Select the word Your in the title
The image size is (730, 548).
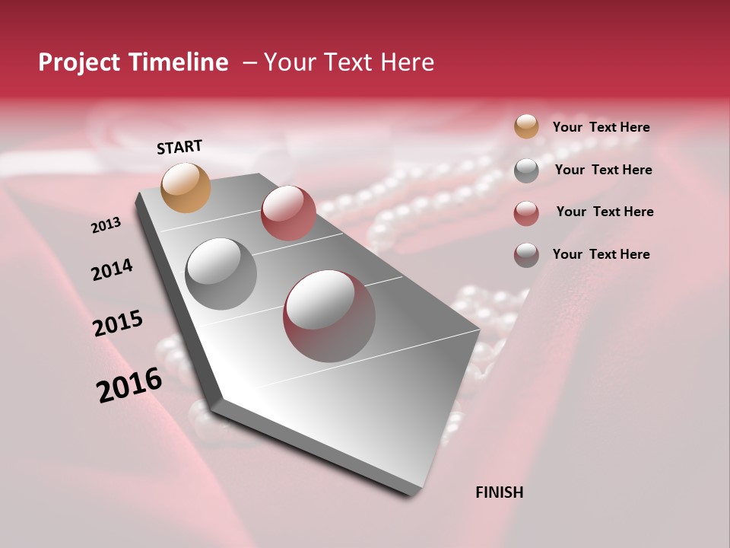tap(290, 62)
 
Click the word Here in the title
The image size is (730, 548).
tap(407, 62)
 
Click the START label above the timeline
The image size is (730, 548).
tap(179, 147)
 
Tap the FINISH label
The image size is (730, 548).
tap(499, 492)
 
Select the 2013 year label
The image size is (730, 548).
tap(106, 225)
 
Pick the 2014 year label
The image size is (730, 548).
tap(112, 270)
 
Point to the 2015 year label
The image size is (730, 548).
tap(118, 323)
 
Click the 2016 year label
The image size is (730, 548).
tap(129, 384)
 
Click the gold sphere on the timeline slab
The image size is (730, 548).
tap(186, 188)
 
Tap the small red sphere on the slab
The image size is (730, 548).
tap(288, 213)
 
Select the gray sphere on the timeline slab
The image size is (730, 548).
tap(221, 273)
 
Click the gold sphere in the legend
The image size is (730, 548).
tap(526, 127)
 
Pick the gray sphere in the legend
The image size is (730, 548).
tap(526, 170)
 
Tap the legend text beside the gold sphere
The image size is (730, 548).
tap(601, 127)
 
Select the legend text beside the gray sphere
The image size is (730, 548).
tap(603, 170)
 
